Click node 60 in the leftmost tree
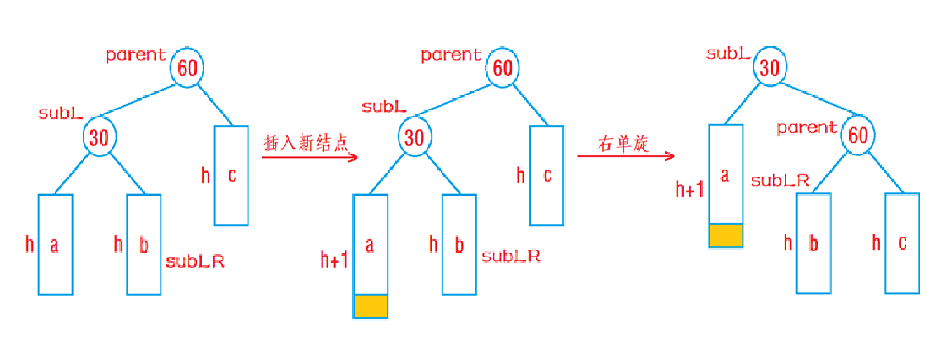(187, 67)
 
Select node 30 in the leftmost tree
(99, 137)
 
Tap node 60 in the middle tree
(502, 67)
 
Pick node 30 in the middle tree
(414, 137)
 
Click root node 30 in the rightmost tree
(769, 67)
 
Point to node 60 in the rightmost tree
(858, 135)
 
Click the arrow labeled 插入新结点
(310, 157)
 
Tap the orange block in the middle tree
(371, 306)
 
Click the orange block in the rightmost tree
(726, 236)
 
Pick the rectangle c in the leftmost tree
(231, 175)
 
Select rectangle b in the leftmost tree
(144, 244)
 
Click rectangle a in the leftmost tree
(55, 244)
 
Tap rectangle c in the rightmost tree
(902, 243)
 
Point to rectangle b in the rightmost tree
(813, 243)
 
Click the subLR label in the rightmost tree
(780, 181)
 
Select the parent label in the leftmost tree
(135, 55)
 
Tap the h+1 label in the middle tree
(335, 260)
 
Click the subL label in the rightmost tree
(728, 53)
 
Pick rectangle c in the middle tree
(547, 175)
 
